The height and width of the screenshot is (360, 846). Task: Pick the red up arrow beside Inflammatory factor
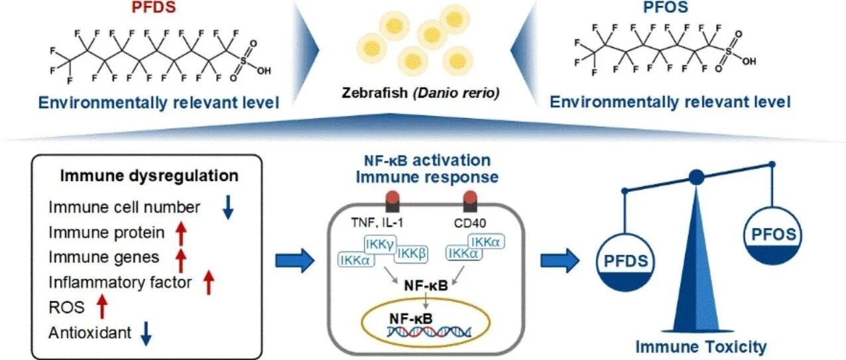click(x=209, y=284)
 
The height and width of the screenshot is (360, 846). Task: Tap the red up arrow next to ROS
click(x=102, y=308)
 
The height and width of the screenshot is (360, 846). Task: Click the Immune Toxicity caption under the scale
click(x=701, y=346)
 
